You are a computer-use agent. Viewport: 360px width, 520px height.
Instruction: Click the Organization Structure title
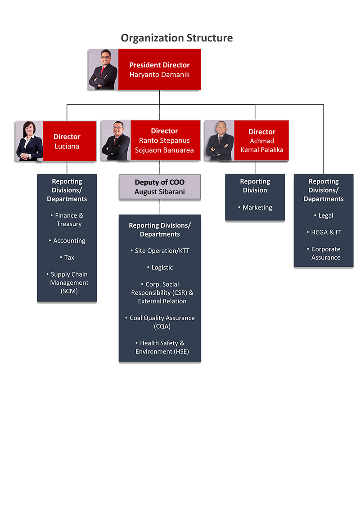(x=176, y=38)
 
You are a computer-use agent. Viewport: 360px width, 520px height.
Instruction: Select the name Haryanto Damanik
(x=153, y=75)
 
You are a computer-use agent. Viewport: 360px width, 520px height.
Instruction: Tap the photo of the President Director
(x=103, y=68)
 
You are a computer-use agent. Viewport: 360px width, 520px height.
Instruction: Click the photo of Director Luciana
(x=29, y=141)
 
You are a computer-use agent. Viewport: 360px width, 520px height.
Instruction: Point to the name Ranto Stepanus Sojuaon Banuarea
(x=164, y=145)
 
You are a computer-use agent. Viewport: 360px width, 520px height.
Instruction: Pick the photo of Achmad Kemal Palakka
(x=220, y=141)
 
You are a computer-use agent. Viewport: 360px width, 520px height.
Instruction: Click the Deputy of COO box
(x=160, y=187)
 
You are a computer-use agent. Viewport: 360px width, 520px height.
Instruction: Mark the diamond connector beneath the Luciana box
(x=67, y=169)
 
